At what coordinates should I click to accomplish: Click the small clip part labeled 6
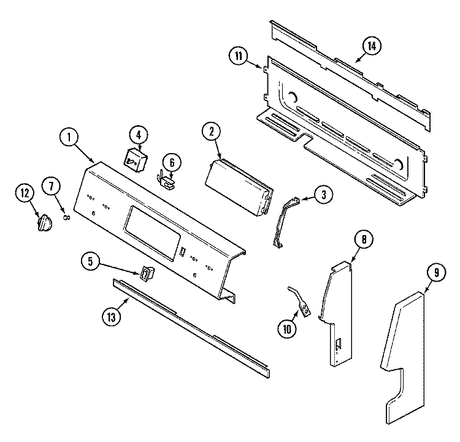coord(166,177)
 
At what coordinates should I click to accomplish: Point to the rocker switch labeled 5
coord(145,273)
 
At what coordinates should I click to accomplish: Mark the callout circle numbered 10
coord(286,329)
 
